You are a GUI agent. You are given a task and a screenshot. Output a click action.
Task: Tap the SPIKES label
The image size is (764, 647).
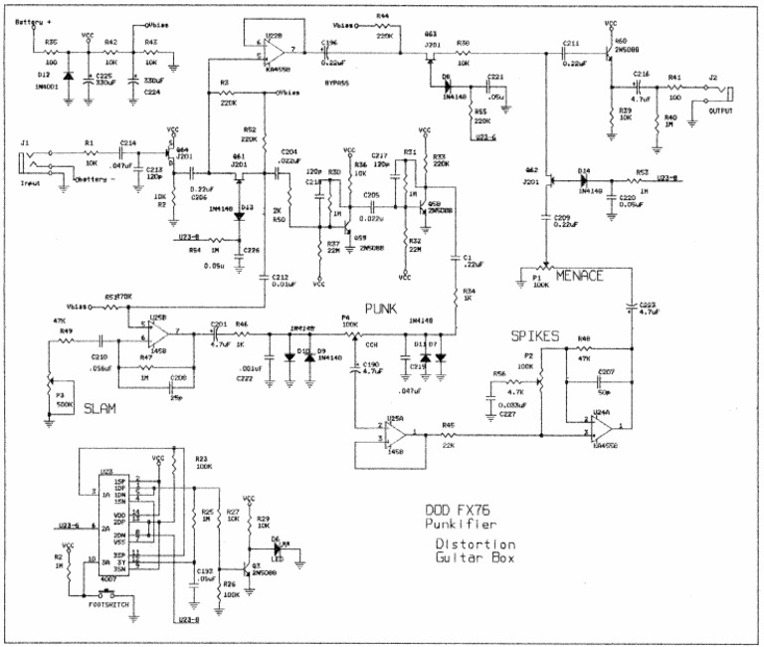click(535, 335)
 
